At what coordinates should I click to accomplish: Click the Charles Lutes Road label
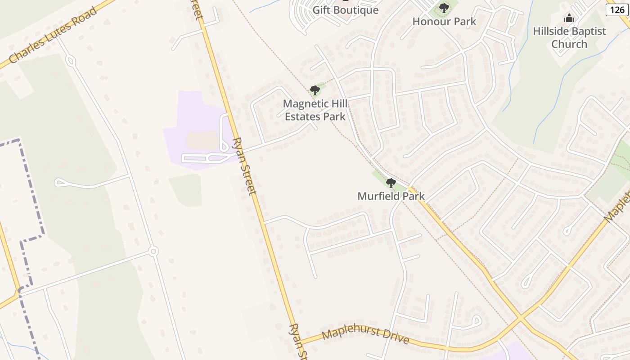tap(53, 35)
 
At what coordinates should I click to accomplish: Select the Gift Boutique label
tap(345, 10)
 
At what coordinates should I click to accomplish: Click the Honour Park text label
tap(444, 21)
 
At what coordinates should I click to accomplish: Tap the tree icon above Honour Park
tap(444, 8)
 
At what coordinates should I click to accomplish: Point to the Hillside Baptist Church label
tap(569, 37)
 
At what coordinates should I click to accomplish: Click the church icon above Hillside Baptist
tap(569, 18)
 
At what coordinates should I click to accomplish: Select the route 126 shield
tap(617, 9)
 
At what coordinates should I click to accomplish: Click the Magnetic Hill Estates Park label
tap(315, 110)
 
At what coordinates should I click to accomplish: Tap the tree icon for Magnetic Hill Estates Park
tap(315, 90)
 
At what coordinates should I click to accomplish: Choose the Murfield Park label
tap(391, 196)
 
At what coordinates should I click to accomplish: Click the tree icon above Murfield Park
tap(391, 183)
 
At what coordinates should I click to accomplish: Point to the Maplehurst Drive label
tap(365, 336)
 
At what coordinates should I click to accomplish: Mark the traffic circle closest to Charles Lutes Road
tap(71, 60)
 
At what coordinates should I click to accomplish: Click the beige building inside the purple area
tap(202, 140)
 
